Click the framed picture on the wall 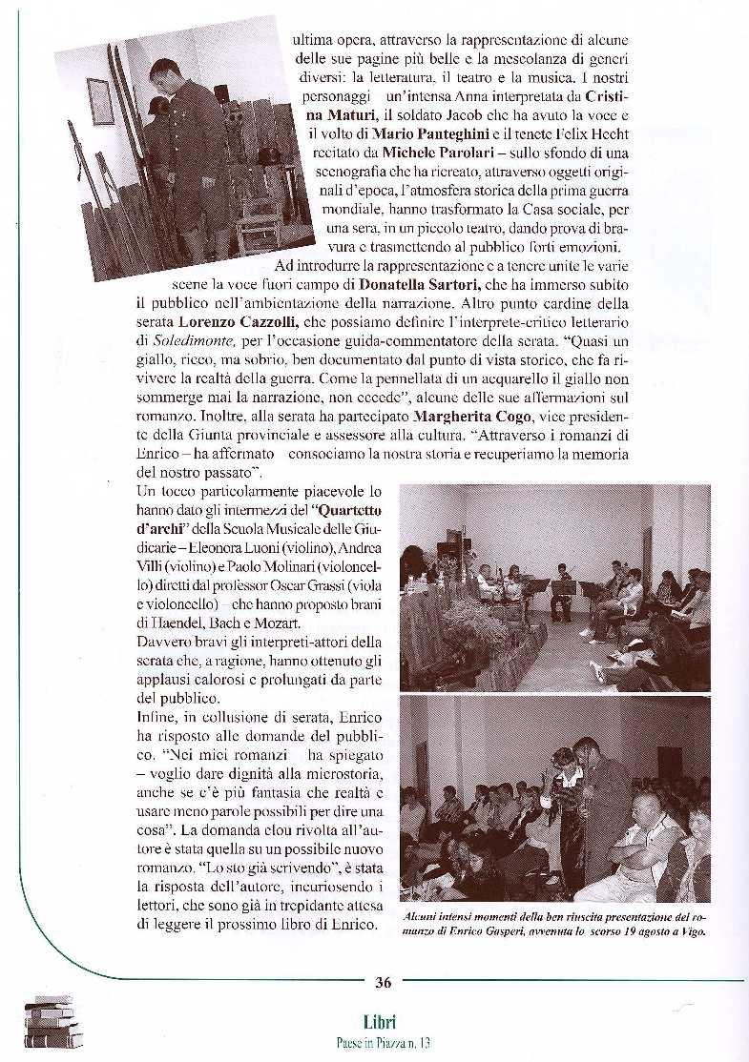coord(100,102)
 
